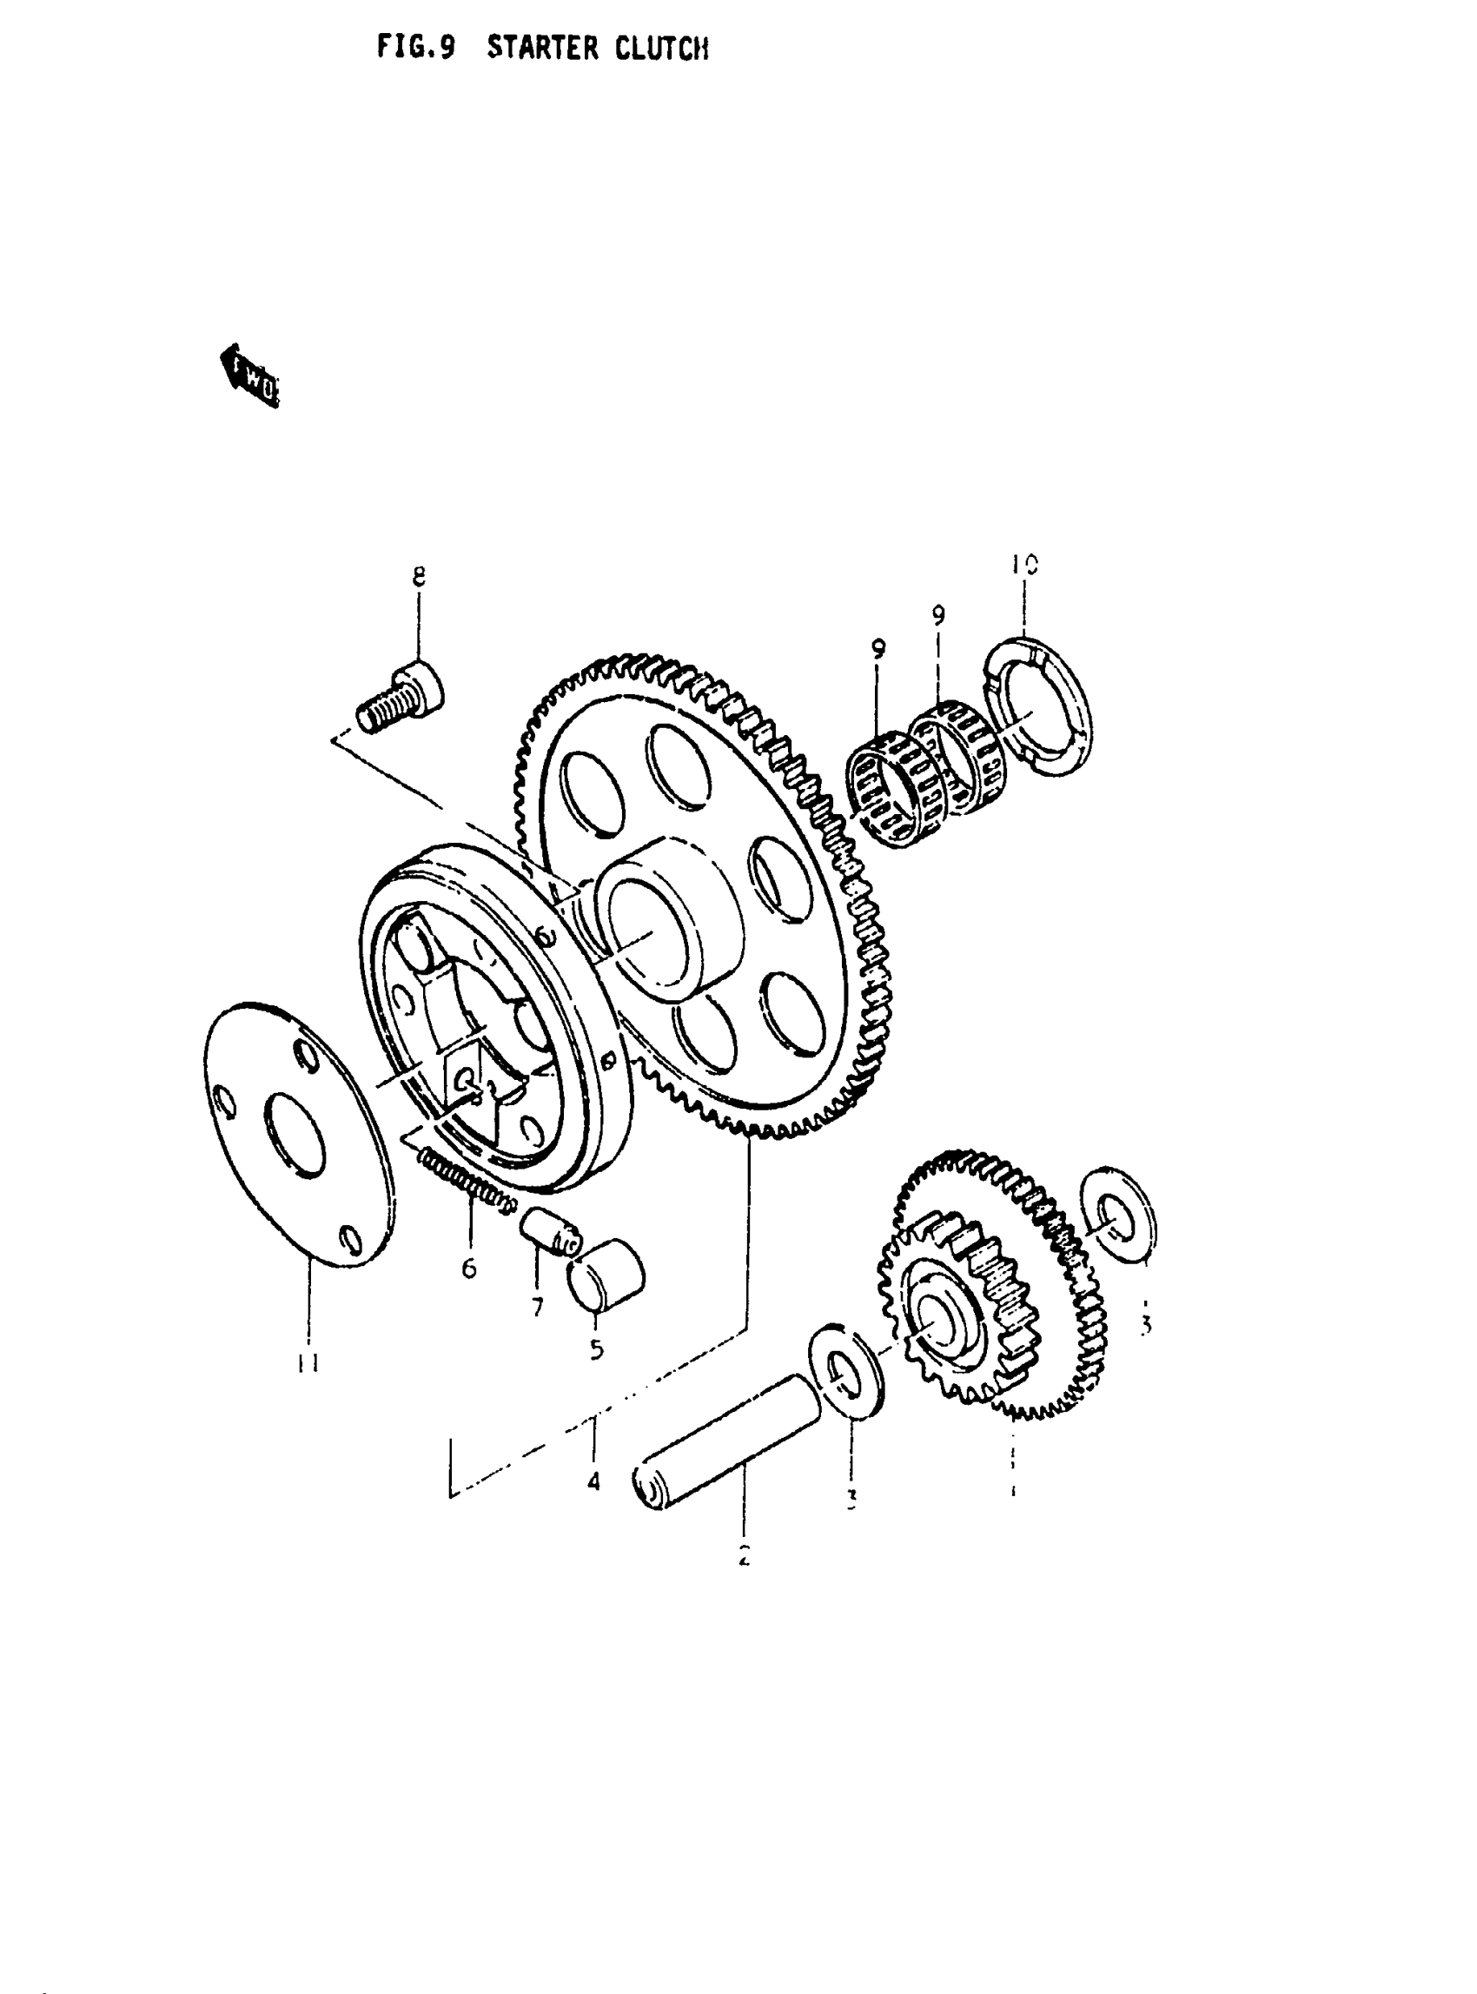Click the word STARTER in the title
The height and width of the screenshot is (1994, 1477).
click(543, 49)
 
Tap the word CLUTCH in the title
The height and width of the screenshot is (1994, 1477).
click(662, 49)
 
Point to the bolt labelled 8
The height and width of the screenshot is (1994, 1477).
click(402, 698)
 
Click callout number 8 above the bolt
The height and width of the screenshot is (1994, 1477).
click(419, 576)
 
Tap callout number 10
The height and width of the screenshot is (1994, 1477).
click(1024, 564)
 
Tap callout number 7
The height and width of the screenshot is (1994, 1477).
click(537, 1308)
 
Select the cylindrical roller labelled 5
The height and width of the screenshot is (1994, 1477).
click(608, 1275)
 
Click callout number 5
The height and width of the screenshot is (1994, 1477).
click(596, 1348)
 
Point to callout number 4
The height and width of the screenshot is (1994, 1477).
click(593, 1482)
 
